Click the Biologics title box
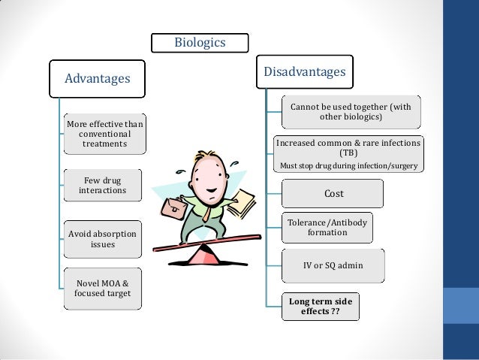click(200, 42)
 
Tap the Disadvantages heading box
click(304, 72)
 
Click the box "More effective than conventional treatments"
click(105, 133)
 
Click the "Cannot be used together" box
click(351, 113)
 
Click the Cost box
click(333, 194)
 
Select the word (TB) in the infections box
click(349, 153)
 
